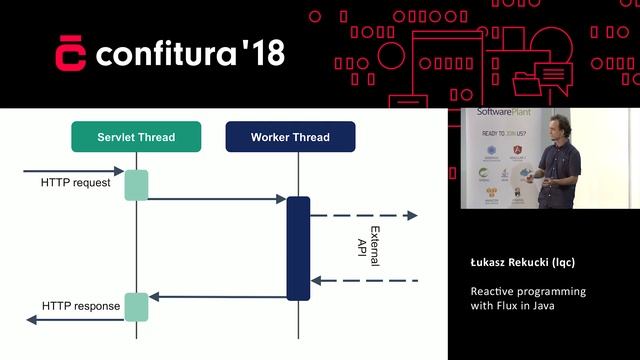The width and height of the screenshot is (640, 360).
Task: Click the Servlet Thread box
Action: point(136,137)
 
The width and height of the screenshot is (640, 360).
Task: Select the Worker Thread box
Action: point(289,137)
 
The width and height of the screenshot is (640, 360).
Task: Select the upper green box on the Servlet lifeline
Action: point(136,185)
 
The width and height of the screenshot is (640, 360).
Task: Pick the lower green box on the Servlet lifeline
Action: point(136,307)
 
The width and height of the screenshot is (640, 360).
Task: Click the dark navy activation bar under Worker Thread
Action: point(298,248)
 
